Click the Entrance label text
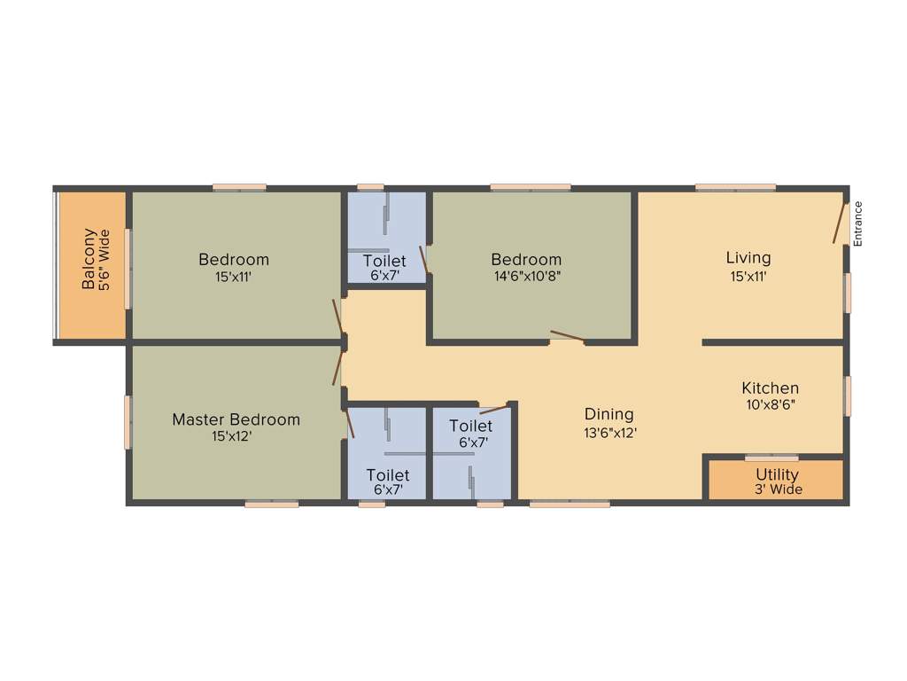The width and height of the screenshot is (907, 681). [x=857, y=223]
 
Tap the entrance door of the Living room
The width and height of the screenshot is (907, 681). [x=840, y=222]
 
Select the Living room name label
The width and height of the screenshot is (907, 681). [x=748, y=258]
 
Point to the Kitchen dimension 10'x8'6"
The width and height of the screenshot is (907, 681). [x=770, y=404]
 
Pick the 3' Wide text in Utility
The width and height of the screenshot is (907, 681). [x=777, y=489]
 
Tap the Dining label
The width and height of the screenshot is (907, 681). [x=609, y=414]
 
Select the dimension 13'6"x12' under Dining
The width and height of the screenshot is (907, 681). [x=609, y=433]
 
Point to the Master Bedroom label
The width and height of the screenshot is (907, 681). [x=236, y=419]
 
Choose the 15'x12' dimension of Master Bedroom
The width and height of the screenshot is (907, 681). [x=236, y=436]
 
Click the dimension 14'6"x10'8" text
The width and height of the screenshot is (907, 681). [x=526, y=276]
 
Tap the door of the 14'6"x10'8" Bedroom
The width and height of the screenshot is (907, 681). [x=567, y=336]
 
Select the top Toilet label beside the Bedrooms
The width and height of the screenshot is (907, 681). [x=385, y=261]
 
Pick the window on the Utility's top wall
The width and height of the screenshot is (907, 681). [x=771, y=458]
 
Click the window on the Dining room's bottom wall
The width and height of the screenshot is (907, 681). [x=570, y=504]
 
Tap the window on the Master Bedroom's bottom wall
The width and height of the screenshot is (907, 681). [x=271, y=504]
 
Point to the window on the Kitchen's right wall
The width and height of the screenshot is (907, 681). [x=848, y=396]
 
